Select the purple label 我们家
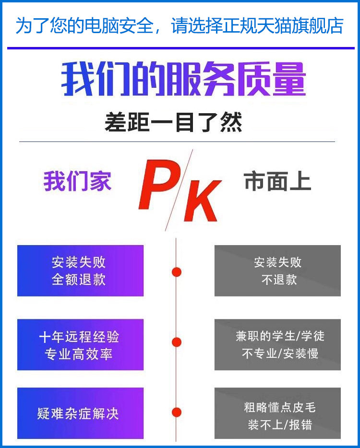pyautogui.click(x=77, y=182)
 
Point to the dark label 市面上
pyautogui.click(x=277, y=182)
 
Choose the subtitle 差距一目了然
pyautogui.click(x=173, y=122)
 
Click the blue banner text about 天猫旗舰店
pyautogui.click(x=180, y=25)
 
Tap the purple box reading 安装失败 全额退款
pyautogui.click(x=80, y=271)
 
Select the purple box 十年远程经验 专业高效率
pyautogui.click(x=80, y=345)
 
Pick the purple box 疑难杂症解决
pyautogui.click(x=80, y=413)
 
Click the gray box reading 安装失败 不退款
pyautogui.click(x=277, y=271)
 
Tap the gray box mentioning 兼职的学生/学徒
pyautogui.click(x=277, y=345)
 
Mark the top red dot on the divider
pyautogui.click(x=177, y=272)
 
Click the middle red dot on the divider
pyautogui.click(x=177, y=342)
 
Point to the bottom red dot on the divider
pyautogui.click(x=177, y=413)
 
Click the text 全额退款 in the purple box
pyautogui.click(x=79, y=280)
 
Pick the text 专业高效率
pyautogui.click(x=79, y=354)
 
